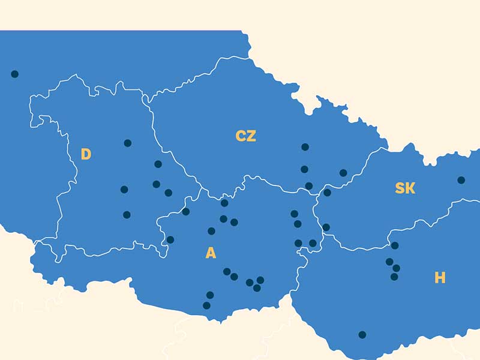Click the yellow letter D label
86,155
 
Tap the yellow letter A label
211,254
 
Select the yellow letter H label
440,278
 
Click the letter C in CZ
240,136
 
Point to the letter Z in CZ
251,136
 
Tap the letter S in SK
400,188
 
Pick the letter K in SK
410,188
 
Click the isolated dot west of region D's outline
15,74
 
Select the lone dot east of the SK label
461,180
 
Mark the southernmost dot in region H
362,335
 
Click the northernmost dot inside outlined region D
127,143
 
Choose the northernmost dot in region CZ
305,147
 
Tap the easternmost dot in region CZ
343,173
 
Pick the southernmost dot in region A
206,305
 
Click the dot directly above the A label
211,231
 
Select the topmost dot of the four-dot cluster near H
395,245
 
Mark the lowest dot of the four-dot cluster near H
394,277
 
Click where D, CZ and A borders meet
199,188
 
